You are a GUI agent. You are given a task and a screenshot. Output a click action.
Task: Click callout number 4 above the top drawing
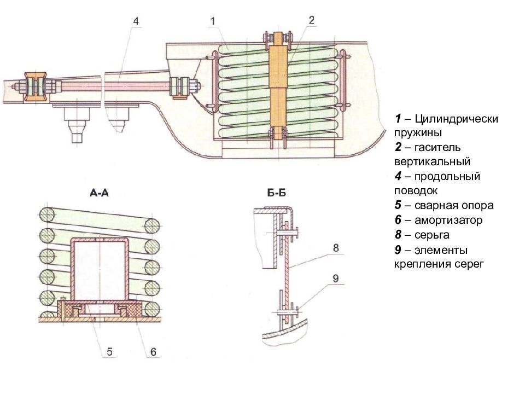136,21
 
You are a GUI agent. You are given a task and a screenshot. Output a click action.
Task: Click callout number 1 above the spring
213,21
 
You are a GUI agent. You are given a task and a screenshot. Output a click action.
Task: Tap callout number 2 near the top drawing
311,20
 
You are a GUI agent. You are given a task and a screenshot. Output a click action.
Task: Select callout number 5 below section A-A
109,351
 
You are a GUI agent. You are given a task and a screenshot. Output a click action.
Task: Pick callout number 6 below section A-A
153,351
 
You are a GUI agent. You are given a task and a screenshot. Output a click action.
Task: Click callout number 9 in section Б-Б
336,278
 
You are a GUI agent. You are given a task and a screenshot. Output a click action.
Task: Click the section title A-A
100,193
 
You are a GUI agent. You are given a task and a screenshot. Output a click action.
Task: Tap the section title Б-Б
277,193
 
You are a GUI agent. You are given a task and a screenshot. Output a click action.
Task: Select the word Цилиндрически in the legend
456,119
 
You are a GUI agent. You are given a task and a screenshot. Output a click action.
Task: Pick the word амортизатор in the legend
448,220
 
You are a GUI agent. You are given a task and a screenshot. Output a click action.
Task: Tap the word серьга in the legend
432,235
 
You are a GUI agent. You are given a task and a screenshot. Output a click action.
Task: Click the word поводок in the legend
416,191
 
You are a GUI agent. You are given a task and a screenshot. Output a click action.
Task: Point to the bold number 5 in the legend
398,205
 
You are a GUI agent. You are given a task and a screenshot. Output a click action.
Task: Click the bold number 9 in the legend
398,250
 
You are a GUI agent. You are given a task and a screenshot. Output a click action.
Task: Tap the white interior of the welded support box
99,269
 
